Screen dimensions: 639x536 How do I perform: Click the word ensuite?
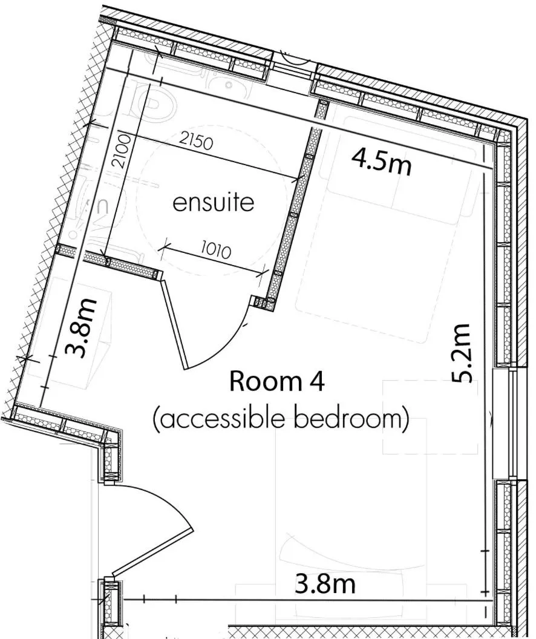tap(214, 203)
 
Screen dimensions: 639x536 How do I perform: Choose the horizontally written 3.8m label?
tap(324, 585)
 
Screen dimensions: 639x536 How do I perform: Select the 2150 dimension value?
tap(197, 143)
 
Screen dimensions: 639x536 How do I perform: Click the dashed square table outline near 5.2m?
tap(430, 418)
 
